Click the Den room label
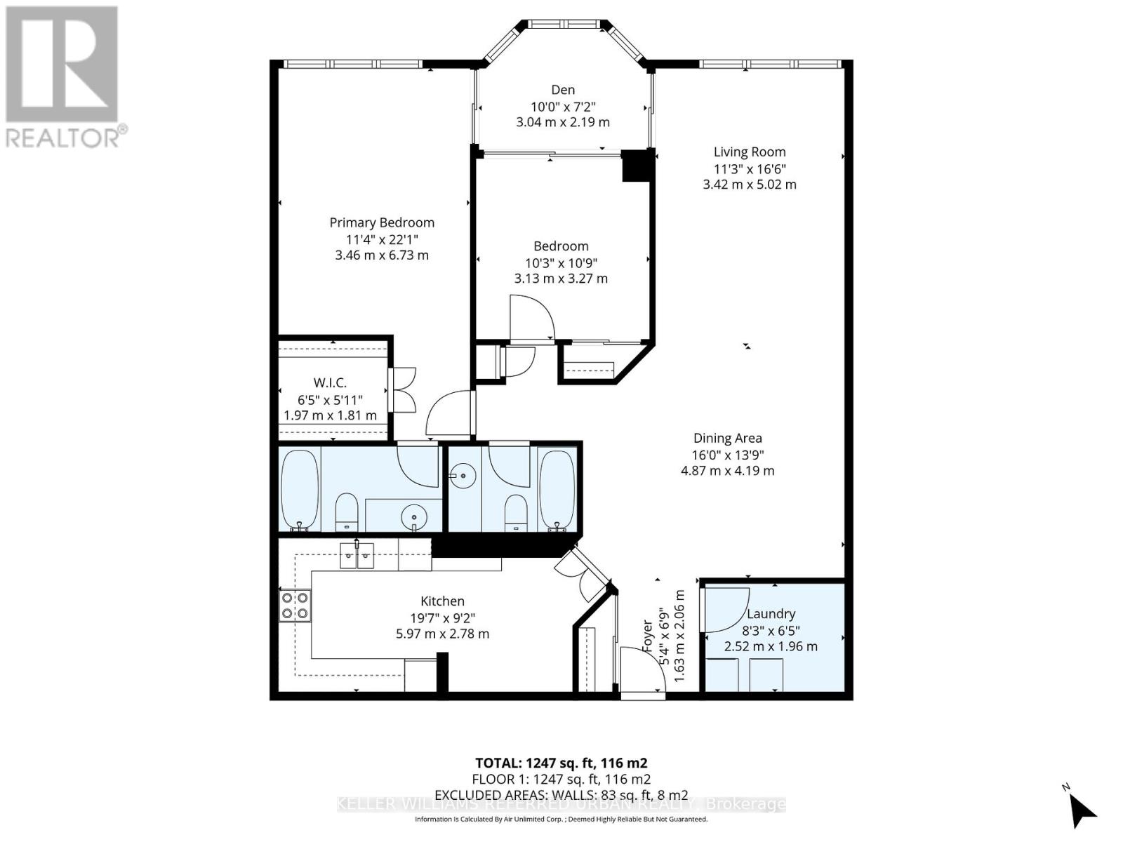click(562, 90)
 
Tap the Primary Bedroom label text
click(382, 222)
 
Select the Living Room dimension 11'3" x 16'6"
click(749, 168)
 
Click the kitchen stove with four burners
click(295, 606)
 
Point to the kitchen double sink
click(357, 555)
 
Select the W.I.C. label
click(330, 382)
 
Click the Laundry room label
click(771, 613)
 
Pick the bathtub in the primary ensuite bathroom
click(300, 489)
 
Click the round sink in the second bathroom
click(463, 477)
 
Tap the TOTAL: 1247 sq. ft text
click(561, 763)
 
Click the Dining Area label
click(727, 438)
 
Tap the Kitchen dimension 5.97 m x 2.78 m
click(442, 634)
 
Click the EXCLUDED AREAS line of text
click(561, 794)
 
